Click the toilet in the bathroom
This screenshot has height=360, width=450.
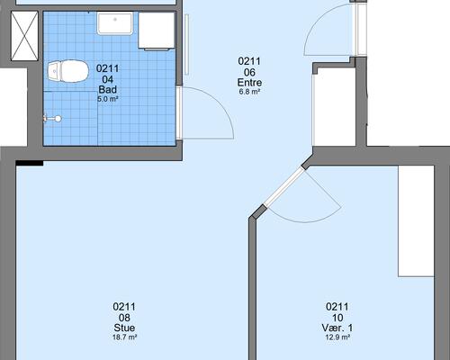pyautogui.click(x=68, y=71)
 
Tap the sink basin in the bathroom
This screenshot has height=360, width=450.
pyautogui.click(x=114, y=23)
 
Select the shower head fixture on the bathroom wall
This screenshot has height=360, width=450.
pyautogui.click(x=53, y=119)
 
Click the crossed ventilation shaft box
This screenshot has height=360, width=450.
pyautogui.click(x=24, y=36)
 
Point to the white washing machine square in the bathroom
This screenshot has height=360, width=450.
pyautogui.click(x=157, y=31)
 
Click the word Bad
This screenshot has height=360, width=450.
pyautogui.click(x=108, y=89)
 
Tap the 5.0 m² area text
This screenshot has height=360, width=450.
pyautogui.click(x=107, y=99)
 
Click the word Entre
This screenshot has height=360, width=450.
pyautogui.click(x=249, y=82)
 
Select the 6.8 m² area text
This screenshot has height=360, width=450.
pyautogui.click(x=249, y=92)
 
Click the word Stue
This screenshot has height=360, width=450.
pyautogui.click(x=124, y=328)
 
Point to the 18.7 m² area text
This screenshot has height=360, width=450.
pyautogui.click(x=124, y=337)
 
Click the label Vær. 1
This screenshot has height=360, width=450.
pyautogui.click(x=337, y=328)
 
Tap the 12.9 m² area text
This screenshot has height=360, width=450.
pyautogui.click(x=337, y=337)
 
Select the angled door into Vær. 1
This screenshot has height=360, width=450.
pyautogui.click(x=283, y=187)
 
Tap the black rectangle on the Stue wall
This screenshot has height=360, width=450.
pyautogui.click(x=30, y=163)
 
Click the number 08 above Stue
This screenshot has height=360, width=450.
pyautogui.click(x=124, y=318)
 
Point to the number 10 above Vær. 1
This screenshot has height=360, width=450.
pyautogui.click(x=337, y=318)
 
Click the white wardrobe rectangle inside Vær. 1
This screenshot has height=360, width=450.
pyautogui.click(x=416, y=220)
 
